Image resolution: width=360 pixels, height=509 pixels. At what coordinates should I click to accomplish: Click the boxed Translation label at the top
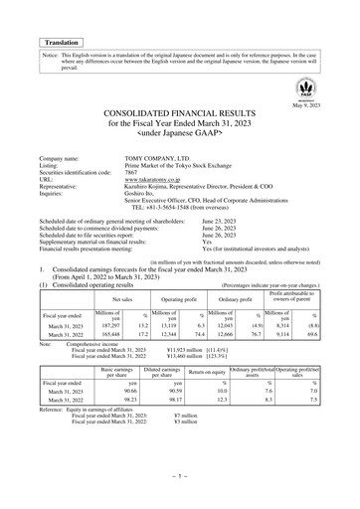(x=63, y=43)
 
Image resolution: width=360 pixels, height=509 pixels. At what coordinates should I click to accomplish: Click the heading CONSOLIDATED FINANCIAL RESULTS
(x=180, y=117)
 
